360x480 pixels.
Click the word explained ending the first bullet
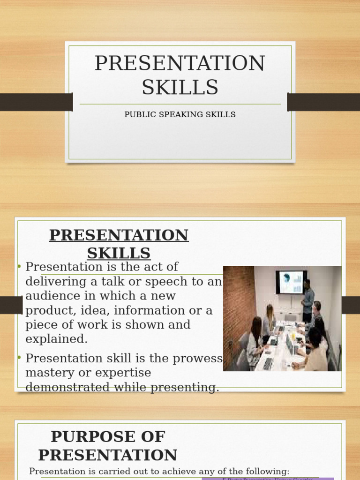pos(57,339)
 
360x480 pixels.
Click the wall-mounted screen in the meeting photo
pos(291,282)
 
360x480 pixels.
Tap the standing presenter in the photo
pos(307,300)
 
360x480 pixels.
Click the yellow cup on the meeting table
pos(293,335)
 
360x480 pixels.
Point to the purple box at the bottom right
pos(267,479)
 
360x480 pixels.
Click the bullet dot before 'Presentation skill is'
pos(20,358)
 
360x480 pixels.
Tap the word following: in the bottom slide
pos(268,471)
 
